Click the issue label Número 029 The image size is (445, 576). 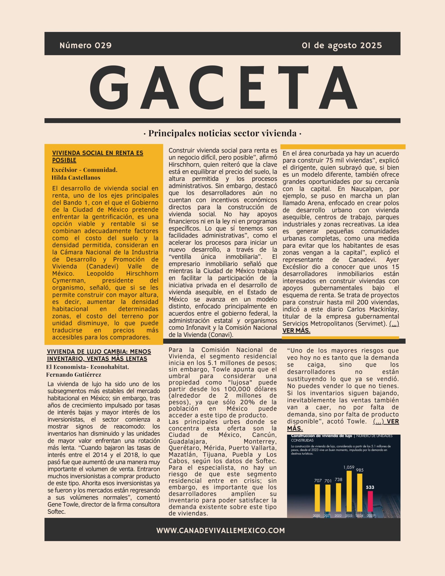point(85,45)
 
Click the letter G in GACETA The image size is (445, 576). point(110,88)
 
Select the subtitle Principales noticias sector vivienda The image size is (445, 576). point(222,133)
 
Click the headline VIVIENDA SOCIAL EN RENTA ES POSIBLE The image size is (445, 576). point(98,156)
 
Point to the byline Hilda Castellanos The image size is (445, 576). point(76,178)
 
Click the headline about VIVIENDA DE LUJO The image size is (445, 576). point(99,355)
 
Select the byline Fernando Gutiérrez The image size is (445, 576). point(74,374)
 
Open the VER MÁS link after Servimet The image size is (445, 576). point(296,331)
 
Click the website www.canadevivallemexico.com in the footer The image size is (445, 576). point(220,530)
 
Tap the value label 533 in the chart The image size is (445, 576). point(370,487)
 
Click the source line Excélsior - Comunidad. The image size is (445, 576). point(84,170)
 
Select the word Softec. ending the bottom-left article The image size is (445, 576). point(56,512)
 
